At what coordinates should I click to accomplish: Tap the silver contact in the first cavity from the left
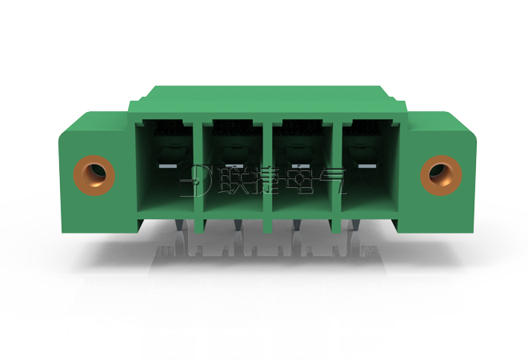click(x=167, y=166)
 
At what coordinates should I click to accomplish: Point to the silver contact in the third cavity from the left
click(x=300, y=166)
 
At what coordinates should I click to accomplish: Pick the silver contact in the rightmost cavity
click(x=367, y=166)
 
